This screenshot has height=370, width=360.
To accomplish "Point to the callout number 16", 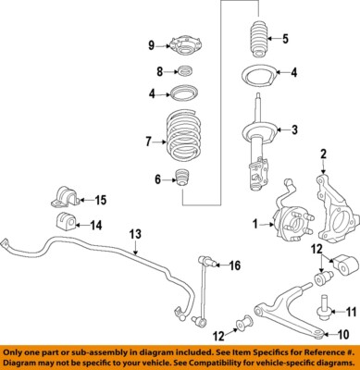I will pos(234,266).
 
